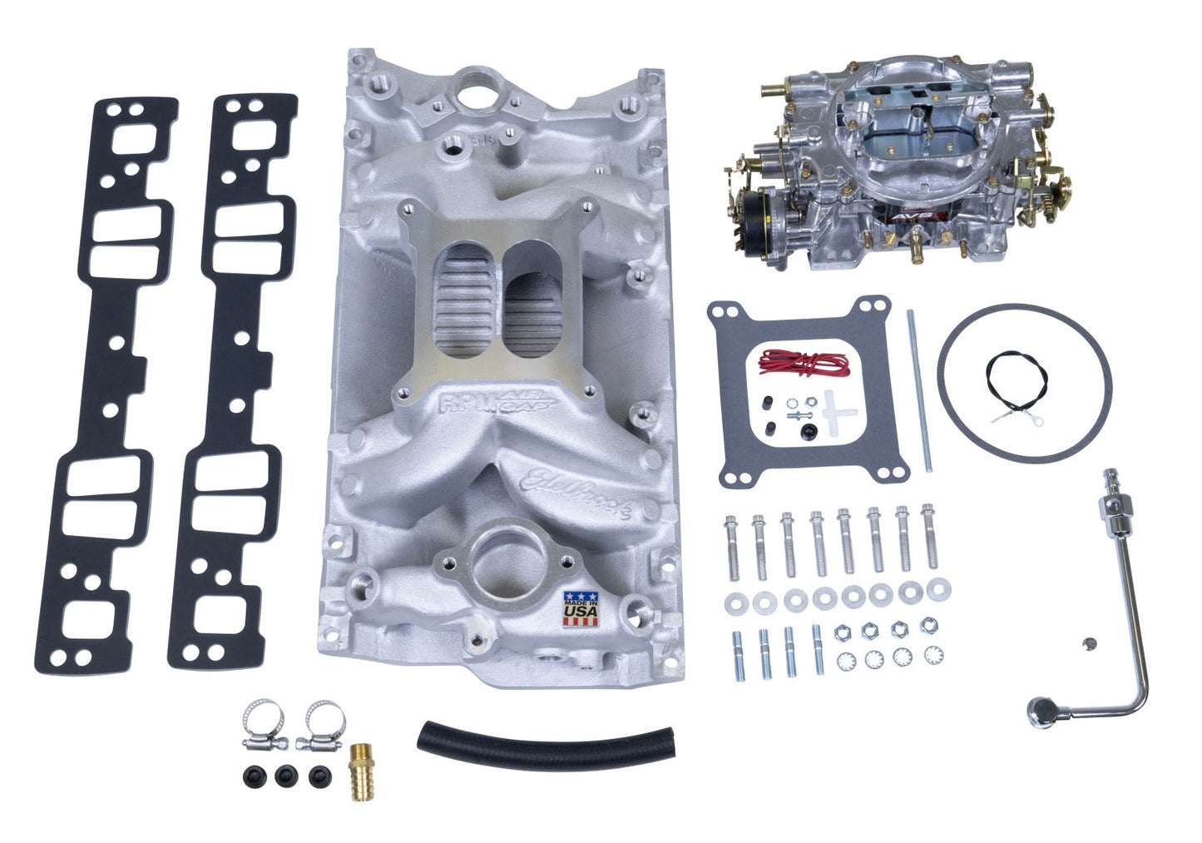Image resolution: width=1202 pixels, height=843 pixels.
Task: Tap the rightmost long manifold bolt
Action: [929, 541]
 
